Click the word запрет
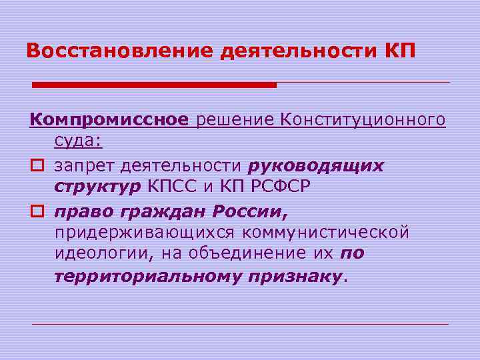83,165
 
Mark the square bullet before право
35,211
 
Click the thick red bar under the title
154,85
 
